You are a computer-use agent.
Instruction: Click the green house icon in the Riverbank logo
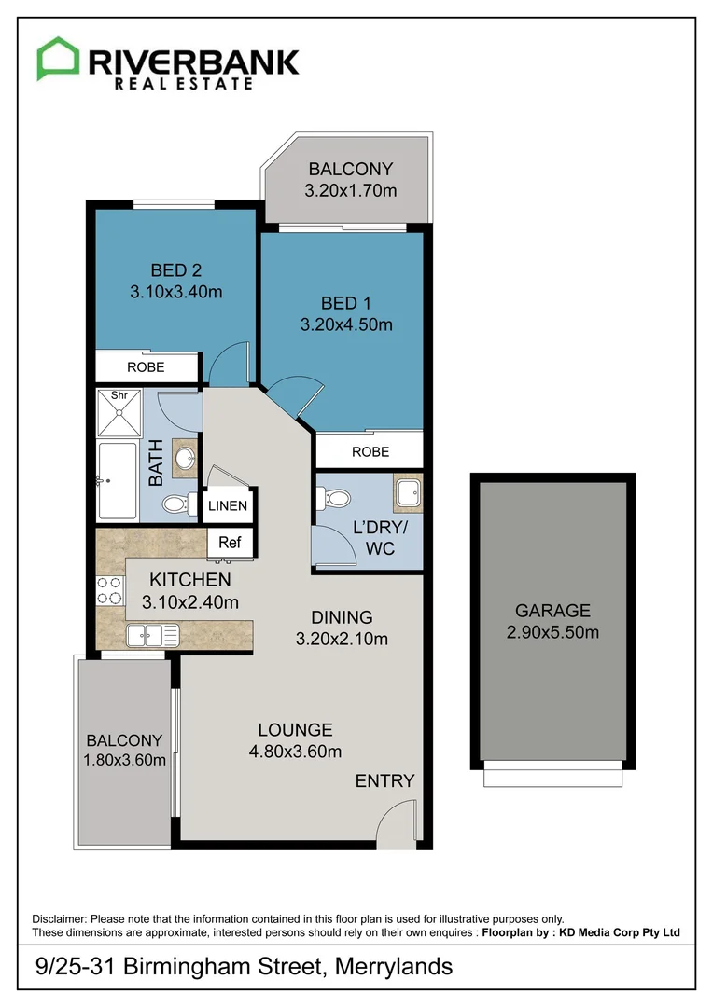[x=58, y=59]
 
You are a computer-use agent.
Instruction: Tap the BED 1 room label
[x=345, y=303]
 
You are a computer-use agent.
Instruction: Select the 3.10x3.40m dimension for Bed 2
[x=176, y=292]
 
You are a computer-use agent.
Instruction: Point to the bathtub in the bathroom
[x=117, y=481]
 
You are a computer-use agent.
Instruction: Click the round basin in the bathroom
[x=186, y=457]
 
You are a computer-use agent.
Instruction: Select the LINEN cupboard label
[x=228, y=506]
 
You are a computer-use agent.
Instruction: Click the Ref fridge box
[x=229, y=542]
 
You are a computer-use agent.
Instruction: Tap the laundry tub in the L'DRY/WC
[x=407, y=493]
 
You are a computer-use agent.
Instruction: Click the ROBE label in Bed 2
[x=146, y=367]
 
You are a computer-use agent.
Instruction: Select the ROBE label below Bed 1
[x=370, y=452]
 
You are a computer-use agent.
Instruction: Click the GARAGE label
[x=552, y=612]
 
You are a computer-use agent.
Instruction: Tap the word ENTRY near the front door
[x=384, y=780]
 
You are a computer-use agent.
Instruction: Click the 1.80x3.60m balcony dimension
[x=124, y=759]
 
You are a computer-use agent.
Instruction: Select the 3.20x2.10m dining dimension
[x=342, y=639]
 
